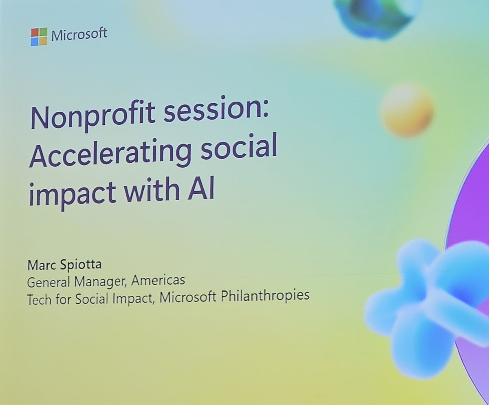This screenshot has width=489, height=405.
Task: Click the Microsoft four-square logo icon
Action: tap(39, 37)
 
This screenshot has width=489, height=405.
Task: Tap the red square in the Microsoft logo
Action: tap(35, 33)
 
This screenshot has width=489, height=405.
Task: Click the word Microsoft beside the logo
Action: tap(79, 34)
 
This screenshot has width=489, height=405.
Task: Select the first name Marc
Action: tap(40, 266)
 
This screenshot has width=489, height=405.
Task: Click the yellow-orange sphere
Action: tap(407, 110)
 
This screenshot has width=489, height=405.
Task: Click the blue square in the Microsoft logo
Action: tap(35, 41)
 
